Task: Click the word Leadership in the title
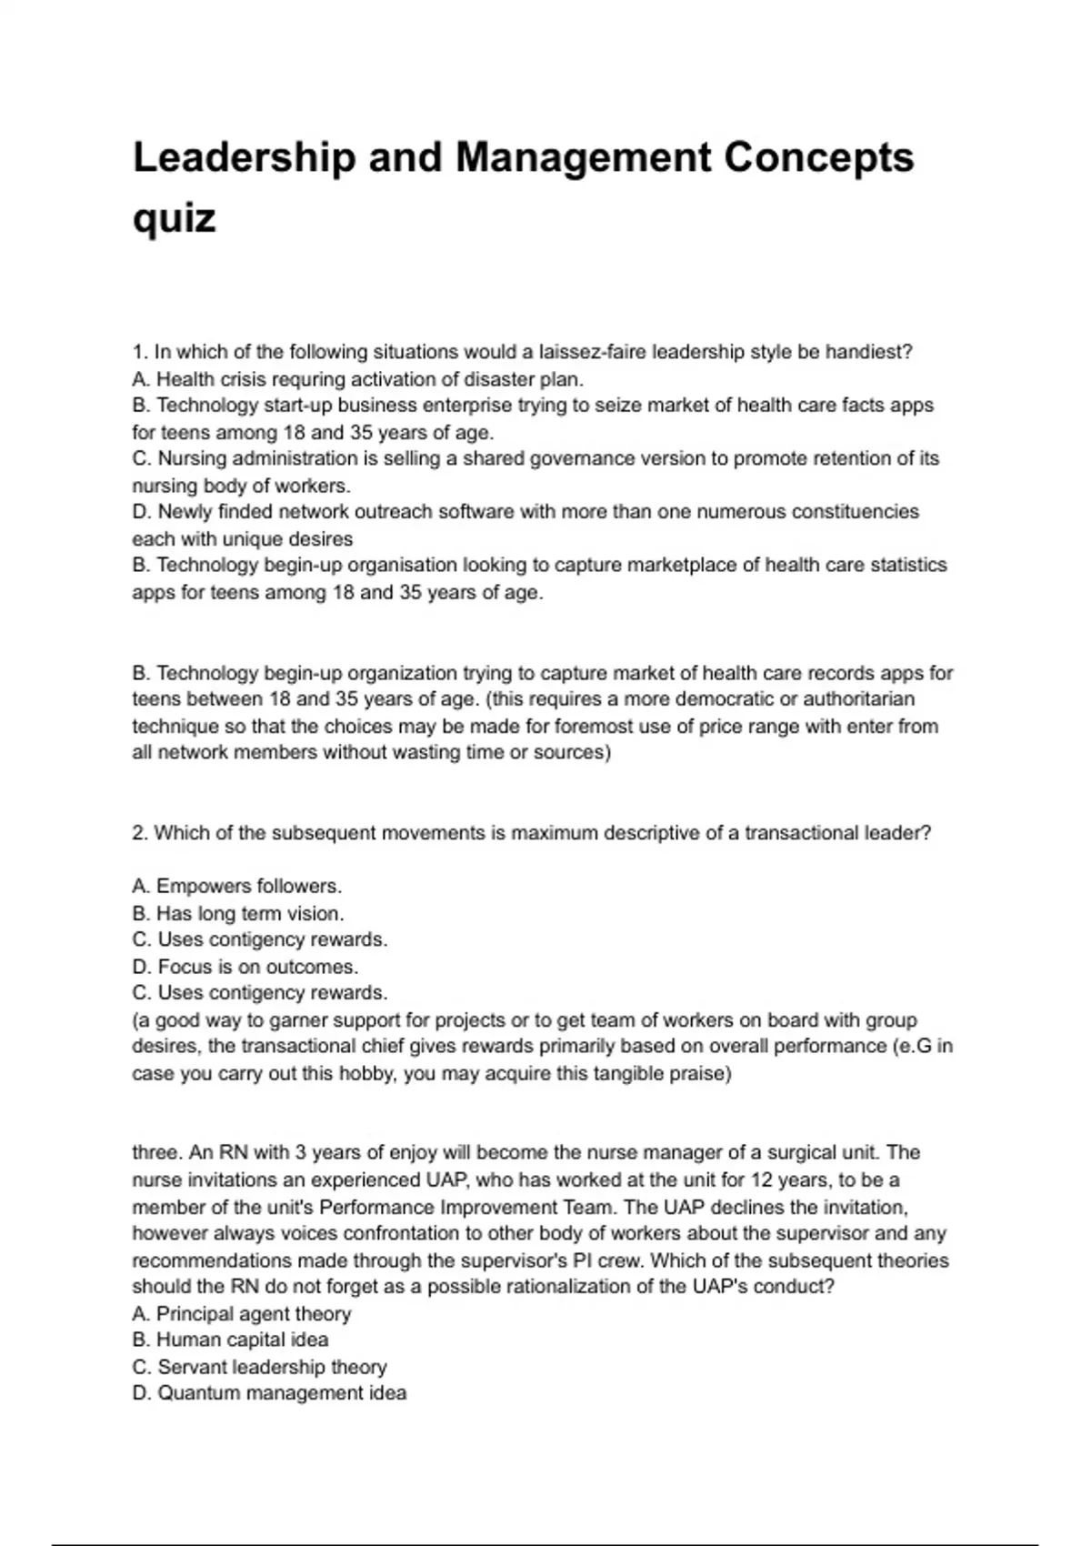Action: pos(244,157)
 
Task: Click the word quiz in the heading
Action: pos(174,218)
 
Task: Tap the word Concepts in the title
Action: pos(818,157)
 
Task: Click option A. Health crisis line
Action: pos(357,378)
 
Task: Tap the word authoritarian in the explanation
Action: pos(858,699)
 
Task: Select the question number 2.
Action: pos(140,833)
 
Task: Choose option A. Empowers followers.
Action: pos(236,886)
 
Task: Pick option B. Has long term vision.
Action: pos(237,913)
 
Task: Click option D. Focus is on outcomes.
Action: pos(245,967)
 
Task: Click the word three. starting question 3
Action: pos(158,1152)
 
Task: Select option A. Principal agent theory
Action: pos(241,1313)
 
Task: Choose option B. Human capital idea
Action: pos(230,1340)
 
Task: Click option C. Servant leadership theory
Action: pos(259,1367)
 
